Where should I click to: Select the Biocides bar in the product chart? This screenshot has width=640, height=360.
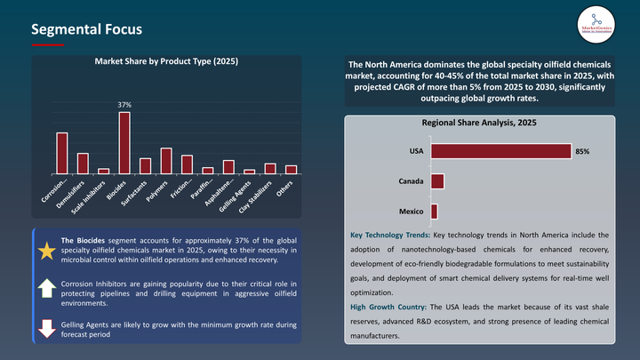pos(124,142)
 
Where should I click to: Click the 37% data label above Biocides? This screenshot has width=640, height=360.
pos(124,105)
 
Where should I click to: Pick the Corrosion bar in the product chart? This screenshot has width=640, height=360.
pos(62,153)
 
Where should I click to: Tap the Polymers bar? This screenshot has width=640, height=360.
pos(166,160)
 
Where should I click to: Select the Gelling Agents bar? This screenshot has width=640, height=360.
pos(250,171)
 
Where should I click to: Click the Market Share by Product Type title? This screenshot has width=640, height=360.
pos(166,61)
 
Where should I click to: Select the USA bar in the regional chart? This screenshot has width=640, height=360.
pos(500,152)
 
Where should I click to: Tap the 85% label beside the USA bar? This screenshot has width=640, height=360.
pos(582,152)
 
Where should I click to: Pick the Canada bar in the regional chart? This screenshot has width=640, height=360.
pos(437,181)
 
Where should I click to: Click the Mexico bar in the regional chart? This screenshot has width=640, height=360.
pos(434,212)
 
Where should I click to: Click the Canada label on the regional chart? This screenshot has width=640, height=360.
pos(410,181)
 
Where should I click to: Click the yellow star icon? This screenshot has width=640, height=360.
pos(45,251)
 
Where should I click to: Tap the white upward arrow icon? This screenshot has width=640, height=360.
pos(45,288)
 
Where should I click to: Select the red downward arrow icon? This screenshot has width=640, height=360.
pos(45,326)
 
